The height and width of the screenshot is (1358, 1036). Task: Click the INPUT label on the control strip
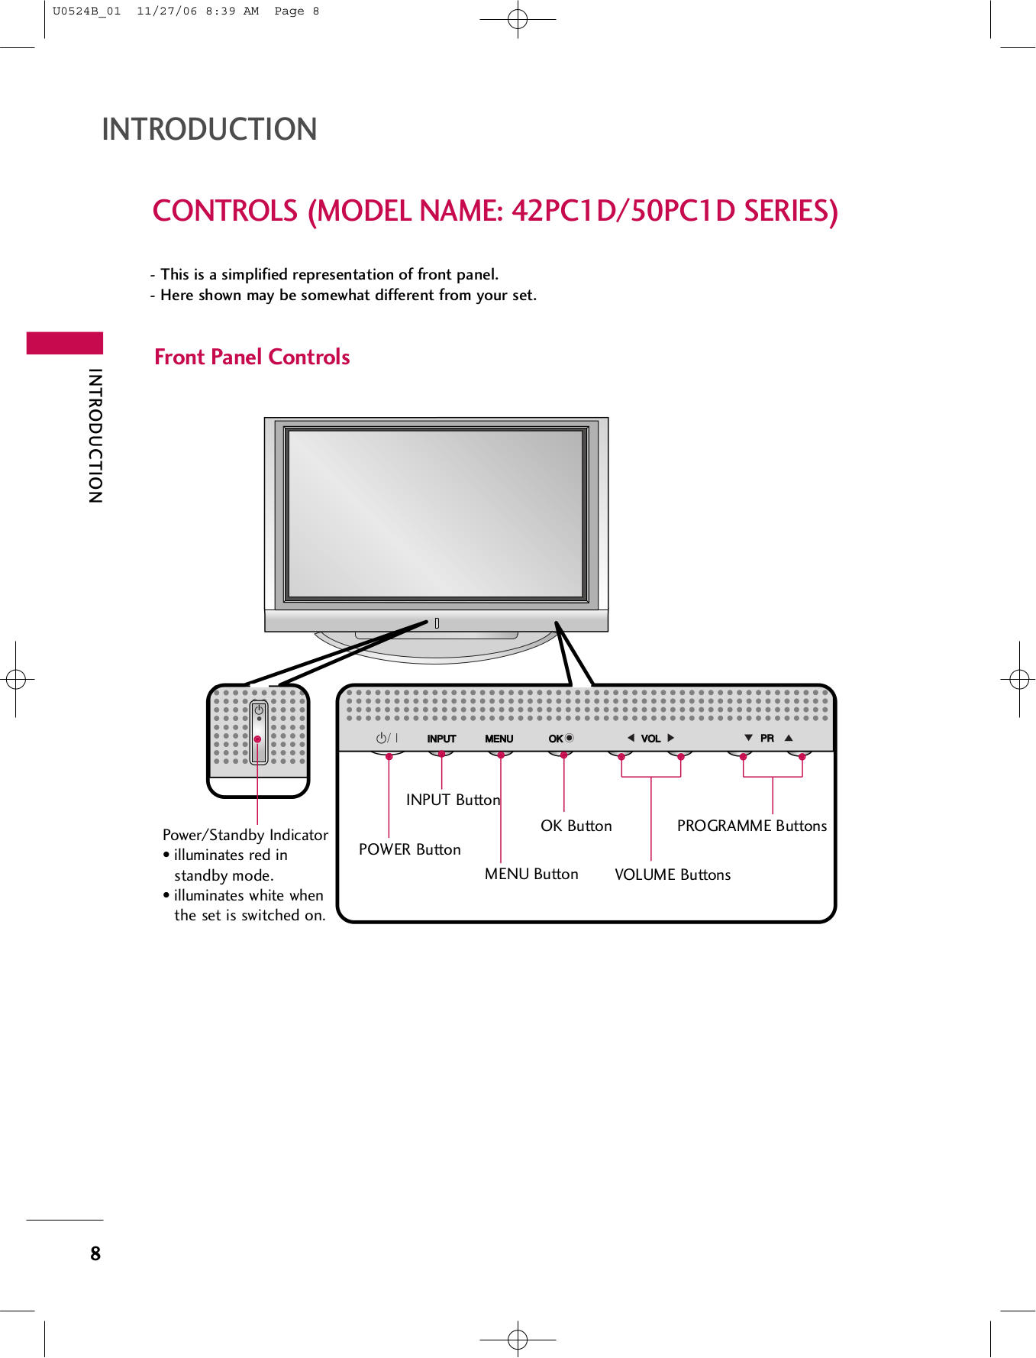441,739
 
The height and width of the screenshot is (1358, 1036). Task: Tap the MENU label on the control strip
499,739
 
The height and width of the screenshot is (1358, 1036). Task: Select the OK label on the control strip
556,739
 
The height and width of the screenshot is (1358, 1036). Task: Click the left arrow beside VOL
631,738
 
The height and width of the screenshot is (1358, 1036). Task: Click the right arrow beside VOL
671,738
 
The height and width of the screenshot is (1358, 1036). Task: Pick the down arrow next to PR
748,738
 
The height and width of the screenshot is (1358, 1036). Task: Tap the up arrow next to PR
789,738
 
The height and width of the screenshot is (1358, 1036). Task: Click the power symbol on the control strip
382,738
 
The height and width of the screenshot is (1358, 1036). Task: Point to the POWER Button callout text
409,849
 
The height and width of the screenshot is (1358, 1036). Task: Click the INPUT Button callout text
453,800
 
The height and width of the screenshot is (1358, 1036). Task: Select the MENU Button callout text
531,874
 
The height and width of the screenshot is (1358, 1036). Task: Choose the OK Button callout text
576,826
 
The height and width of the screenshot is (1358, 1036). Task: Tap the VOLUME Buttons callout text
672,875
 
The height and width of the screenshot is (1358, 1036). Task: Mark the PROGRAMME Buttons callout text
751,826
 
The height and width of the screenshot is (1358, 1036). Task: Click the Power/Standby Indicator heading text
245,835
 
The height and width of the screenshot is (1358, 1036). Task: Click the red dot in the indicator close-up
258,739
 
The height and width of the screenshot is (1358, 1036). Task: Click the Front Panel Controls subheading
252,357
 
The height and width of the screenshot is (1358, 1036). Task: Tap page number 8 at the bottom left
95,1253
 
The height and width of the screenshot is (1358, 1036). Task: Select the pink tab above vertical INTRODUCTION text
65,343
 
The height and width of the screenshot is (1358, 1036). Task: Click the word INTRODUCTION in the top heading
209,129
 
